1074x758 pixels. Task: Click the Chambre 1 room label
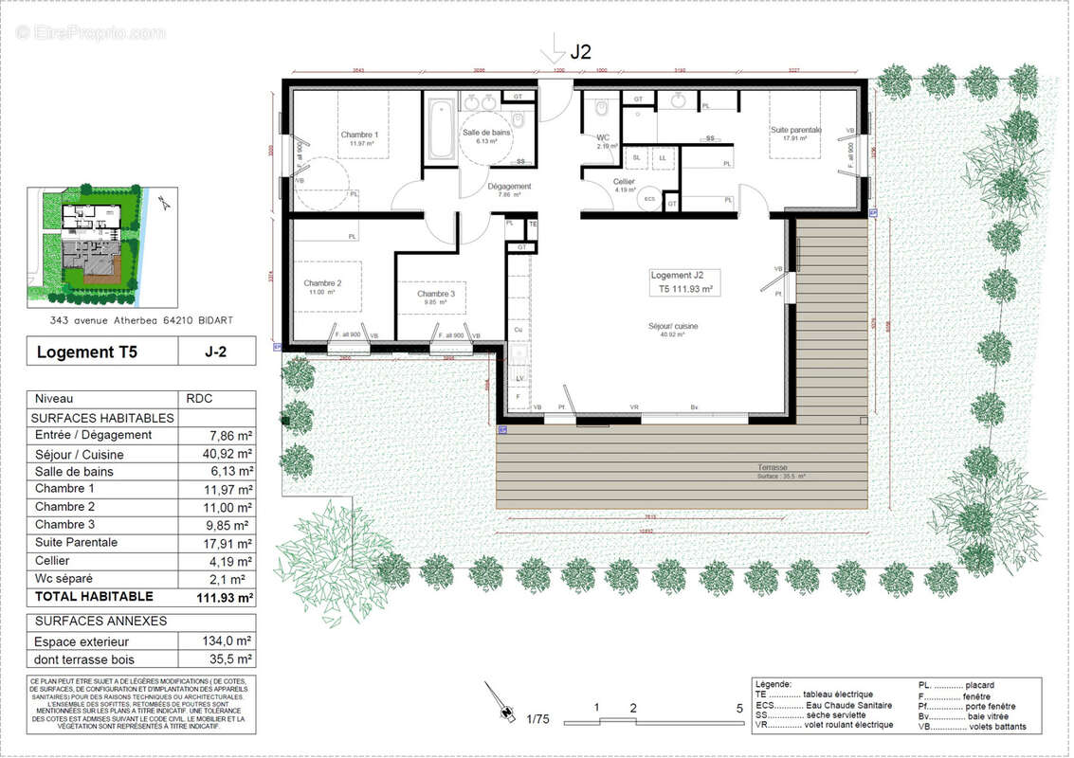tap(359, 135)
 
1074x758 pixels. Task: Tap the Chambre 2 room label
tap(322, 283)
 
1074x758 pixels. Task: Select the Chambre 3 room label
tap(436, 295)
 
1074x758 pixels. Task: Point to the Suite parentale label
tap(795, 130)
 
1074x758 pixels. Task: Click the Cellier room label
tap(623, 181)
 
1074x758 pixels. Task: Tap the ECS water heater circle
tap(649, 199)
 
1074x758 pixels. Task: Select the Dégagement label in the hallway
tap(510, 187)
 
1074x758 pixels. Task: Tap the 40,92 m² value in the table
tap(230, 453)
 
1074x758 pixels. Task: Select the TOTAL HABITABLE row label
tap(93, 597)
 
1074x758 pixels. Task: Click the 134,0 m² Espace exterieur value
tap(230, 641)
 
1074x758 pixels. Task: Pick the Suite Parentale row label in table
tap(76, 543)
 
